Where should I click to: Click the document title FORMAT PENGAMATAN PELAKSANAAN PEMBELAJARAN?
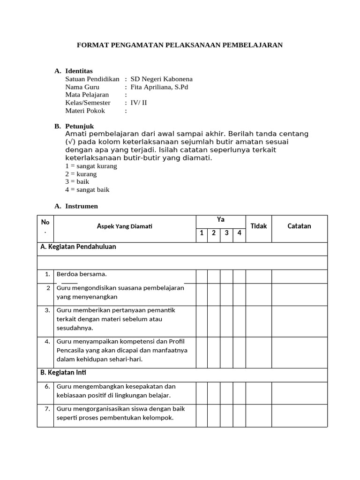point(180,45)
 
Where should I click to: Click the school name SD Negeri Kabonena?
point(161,79)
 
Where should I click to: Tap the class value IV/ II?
point(138,103)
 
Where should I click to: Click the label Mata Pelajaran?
point(87,95)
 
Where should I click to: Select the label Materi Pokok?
point(85,111)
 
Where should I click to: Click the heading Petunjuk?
point(79,126)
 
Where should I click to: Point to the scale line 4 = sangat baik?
point(87,190)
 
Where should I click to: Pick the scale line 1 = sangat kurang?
point(91,166)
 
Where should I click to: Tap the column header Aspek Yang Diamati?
point(125,226)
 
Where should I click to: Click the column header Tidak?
point(258,226)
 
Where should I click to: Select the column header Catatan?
point(299,226)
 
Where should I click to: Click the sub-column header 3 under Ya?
point(226,233)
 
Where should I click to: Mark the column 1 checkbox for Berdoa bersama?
point(202,276)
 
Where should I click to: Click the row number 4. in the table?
point(47,341)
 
